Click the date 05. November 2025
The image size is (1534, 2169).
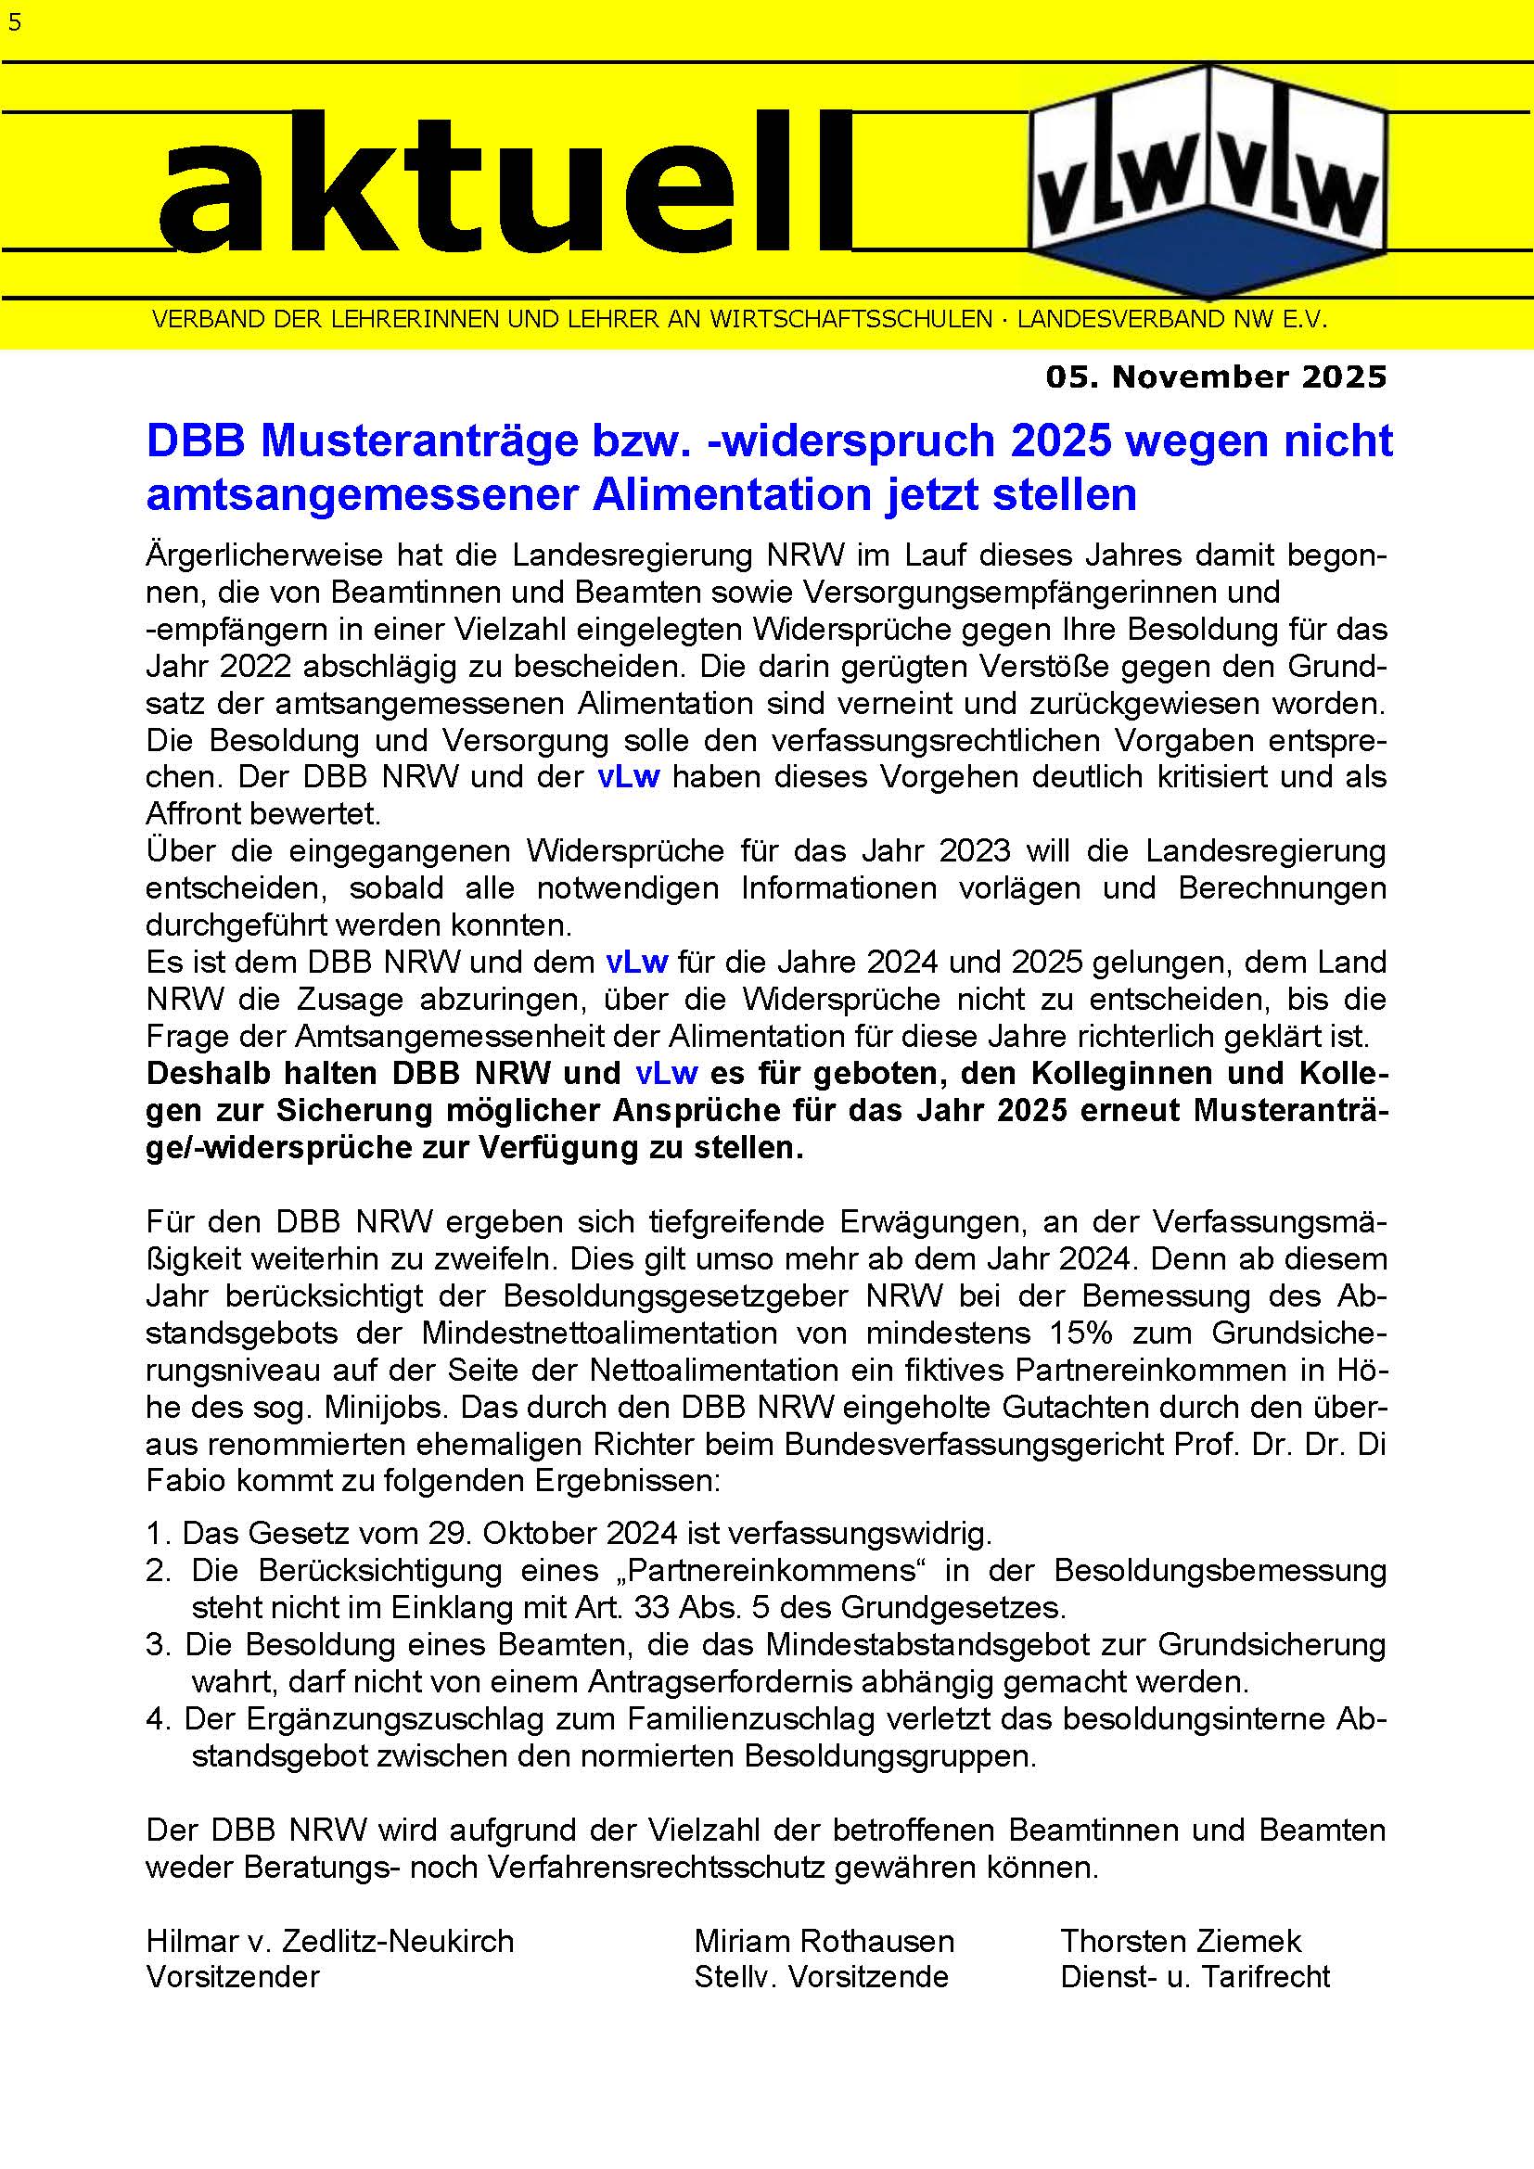click(1216, 376)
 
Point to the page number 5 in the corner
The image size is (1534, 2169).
click(14, 21)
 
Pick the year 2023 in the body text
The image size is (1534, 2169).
click(974, 851)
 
